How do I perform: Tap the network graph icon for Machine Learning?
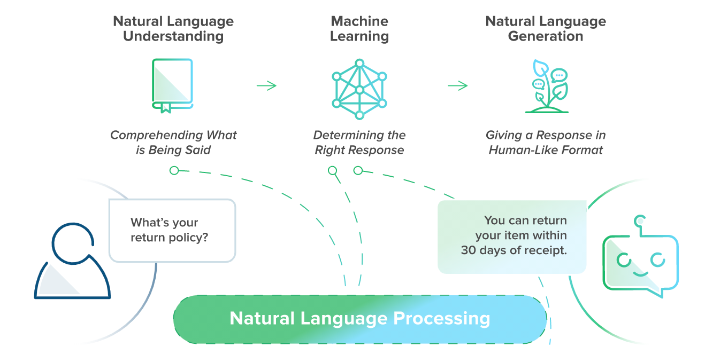coord(359,89)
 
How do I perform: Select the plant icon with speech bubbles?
coord(546,87)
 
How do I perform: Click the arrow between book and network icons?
coord(266,85)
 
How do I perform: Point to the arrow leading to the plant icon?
coord(457,85)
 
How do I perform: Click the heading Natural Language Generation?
coord(546,29)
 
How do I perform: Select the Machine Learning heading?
coord(359,29)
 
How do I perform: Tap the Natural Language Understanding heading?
coord(173,29)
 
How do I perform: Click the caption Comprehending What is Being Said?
coord(173,143)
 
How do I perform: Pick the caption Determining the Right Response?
coord(359,143)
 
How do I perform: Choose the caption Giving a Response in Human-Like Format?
coord(546,143)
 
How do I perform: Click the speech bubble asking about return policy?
coord(172,230)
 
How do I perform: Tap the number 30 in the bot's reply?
coord(468,250)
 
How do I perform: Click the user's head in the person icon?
coord(73,243)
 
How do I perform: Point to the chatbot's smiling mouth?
coord(640,273)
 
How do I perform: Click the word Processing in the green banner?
coord(442,319)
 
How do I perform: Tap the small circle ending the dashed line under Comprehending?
coord(174,170)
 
